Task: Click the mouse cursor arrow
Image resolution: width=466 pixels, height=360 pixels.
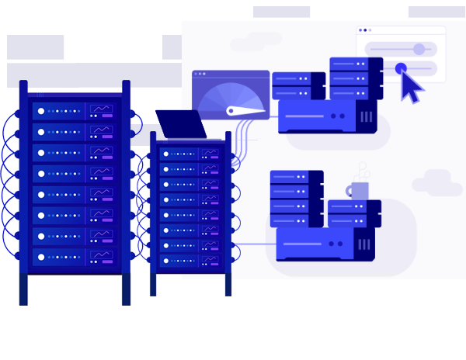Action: tap(411, 87)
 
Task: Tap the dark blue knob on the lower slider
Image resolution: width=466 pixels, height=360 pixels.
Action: tap(401, 68)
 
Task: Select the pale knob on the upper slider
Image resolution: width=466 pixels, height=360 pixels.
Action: tap(419, 49)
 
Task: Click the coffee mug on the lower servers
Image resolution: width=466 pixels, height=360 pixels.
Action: tap(359, 191)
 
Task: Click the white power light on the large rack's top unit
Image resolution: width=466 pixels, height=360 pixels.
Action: tap(41, 111)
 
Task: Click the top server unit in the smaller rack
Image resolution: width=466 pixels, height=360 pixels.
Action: tap(190, 154)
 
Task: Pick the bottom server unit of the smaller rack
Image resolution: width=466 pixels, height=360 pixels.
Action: tap(190, 260)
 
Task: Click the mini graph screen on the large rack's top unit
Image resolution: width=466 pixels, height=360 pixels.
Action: tap(102, 109)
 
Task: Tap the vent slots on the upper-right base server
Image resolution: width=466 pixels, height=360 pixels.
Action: tap(366, 117)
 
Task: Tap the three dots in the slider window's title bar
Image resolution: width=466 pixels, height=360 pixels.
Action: tap(365, 30)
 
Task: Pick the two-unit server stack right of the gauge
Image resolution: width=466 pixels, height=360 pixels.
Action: tap(298, 85)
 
